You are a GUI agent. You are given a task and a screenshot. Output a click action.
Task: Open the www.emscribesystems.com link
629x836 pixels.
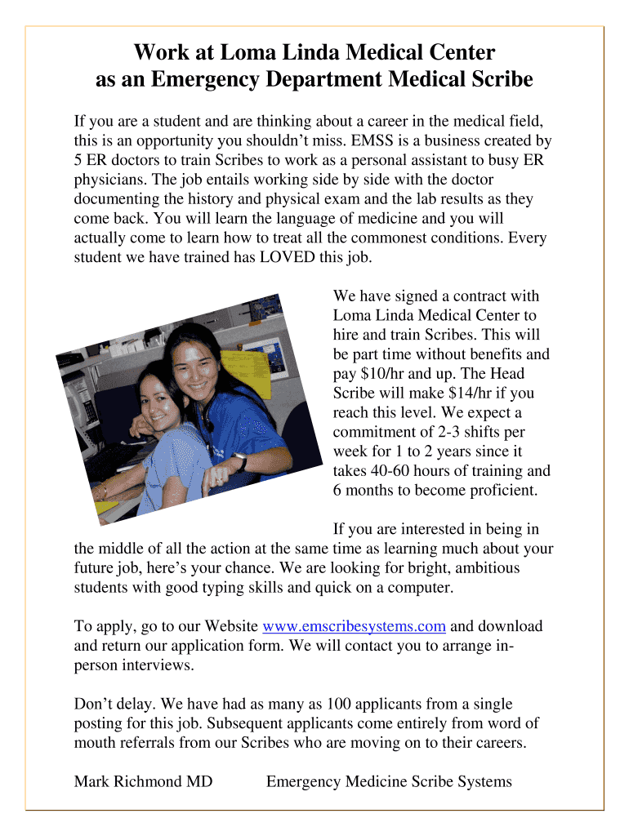pyautogui.click(x=354, y=627)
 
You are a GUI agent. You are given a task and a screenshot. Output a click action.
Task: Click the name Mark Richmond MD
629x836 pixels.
pyautogui.click(x=143, y=782)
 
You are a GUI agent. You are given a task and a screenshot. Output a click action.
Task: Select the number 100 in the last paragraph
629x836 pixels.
pyautogui.click(x=338, y=705)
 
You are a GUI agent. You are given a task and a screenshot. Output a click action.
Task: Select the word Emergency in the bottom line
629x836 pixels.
pyautogui.click(x=303, y=782)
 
